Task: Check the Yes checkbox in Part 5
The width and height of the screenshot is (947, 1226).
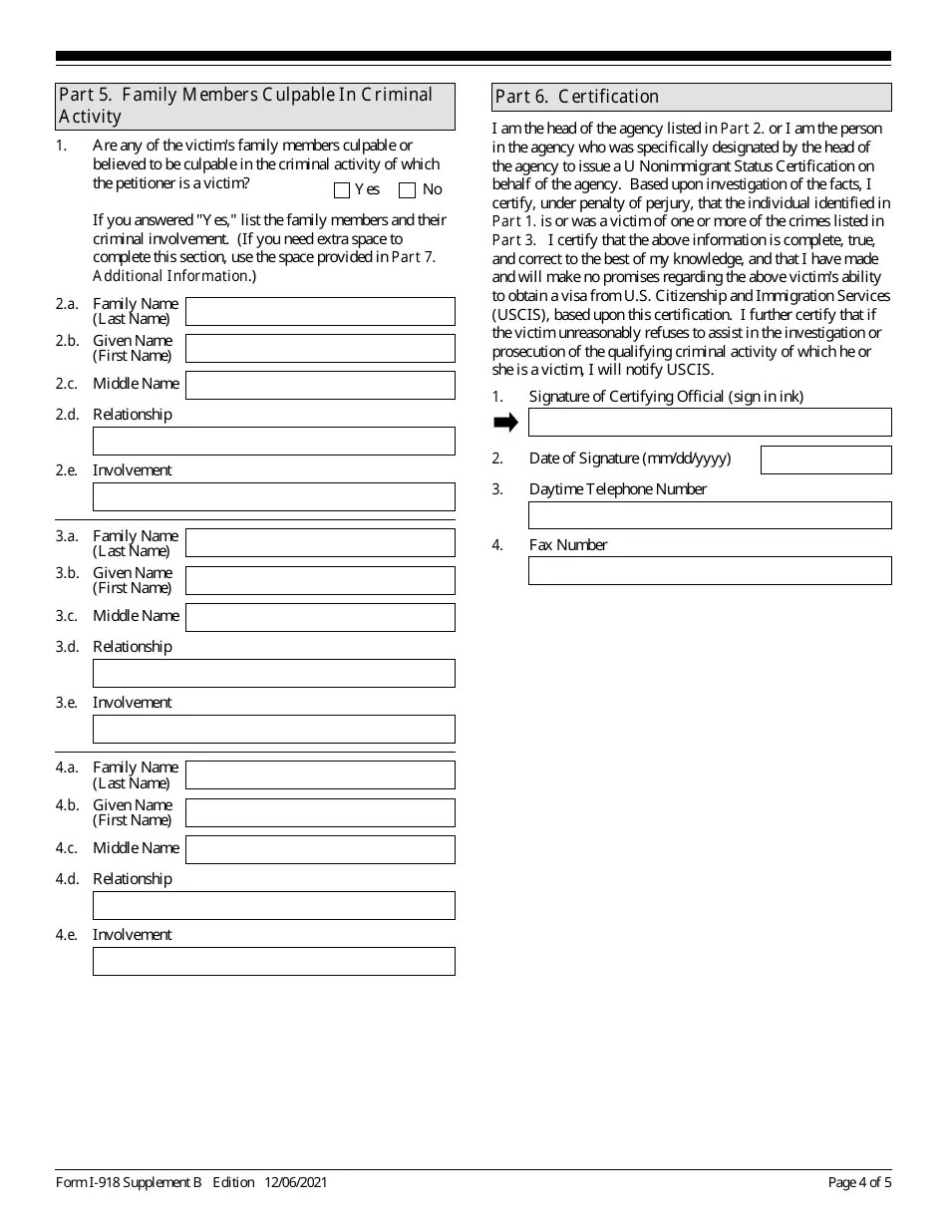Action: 342,190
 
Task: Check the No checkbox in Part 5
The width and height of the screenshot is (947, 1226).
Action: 407,190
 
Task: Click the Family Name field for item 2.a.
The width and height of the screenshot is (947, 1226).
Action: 320,312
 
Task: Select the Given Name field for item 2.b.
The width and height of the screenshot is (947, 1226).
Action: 320,349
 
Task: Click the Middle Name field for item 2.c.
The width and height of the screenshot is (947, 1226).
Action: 320,386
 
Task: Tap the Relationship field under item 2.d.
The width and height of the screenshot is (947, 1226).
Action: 273,442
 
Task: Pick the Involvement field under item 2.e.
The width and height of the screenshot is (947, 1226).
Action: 273,497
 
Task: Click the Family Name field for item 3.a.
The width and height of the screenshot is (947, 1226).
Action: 320,543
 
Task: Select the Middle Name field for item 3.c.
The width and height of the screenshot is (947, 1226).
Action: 320,618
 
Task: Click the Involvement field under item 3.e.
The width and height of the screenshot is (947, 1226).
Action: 273,730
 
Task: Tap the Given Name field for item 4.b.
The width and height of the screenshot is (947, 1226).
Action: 320,813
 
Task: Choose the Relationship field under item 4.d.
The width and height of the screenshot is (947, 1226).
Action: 273,905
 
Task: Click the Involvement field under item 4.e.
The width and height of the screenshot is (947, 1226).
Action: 273,961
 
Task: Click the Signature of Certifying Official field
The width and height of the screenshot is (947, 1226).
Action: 710,423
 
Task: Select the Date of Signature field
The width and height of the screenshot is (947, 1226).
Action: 825,460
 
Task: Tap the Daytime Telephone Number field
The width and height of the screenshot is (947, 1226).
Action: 710,515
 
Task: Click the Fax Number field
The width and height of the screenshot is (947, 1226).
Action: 710,571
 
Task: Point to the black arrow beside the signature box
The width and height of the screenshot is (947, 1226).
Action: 506,423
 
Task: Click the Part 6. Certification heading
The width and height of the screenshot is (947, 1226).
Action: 692,97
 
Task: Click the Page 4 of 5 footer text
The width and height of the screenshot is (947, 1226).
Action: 859,1183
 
